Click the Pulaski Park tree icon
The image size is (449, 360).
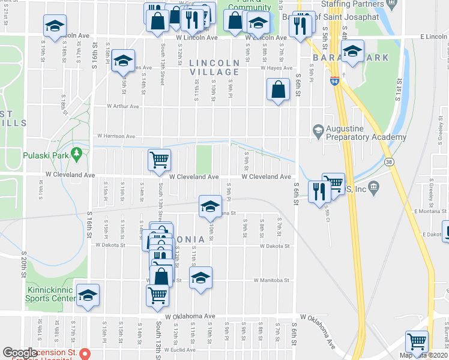point(76,154)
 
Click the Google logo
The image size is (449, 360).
point(20,353)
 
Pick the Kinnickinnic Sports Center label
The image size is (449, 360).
point(49,293)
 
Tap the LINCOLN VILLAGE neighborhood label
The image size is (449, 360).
point(214,67)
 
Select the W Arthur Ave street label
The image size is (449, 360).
point(122,106)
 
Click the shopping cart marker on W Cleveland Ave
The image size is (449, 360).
point(160,160)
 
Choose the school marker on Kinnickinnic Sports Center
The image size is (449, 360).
point(88,295)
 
